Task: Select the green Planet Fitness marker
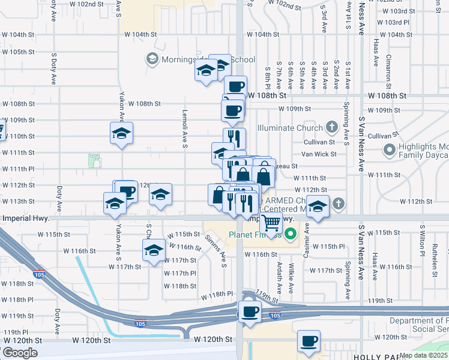coord(291,234)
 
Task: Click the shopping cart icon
coord(272,223)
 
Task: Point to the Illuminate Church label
coord(289,128)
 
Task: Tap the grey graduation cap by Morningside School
coord(151,59)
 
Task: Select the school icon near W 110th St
coord(121,133)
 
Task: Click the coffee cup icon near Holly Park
coord(309,341)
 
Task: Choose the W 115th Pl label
coord(333,247)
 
